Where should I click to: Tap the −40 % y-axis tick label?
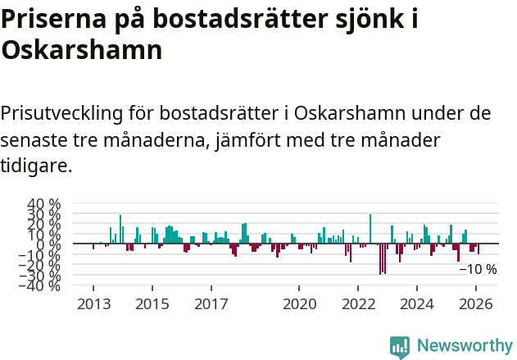[41, 285]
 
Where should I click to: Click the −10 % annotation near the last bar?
[477, 269]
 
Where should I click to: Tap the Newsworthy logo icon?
[400, 346]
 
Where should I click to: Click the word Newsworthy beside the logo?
[464, 346]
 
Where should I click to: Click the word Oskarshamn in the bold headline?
[81, 51]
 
